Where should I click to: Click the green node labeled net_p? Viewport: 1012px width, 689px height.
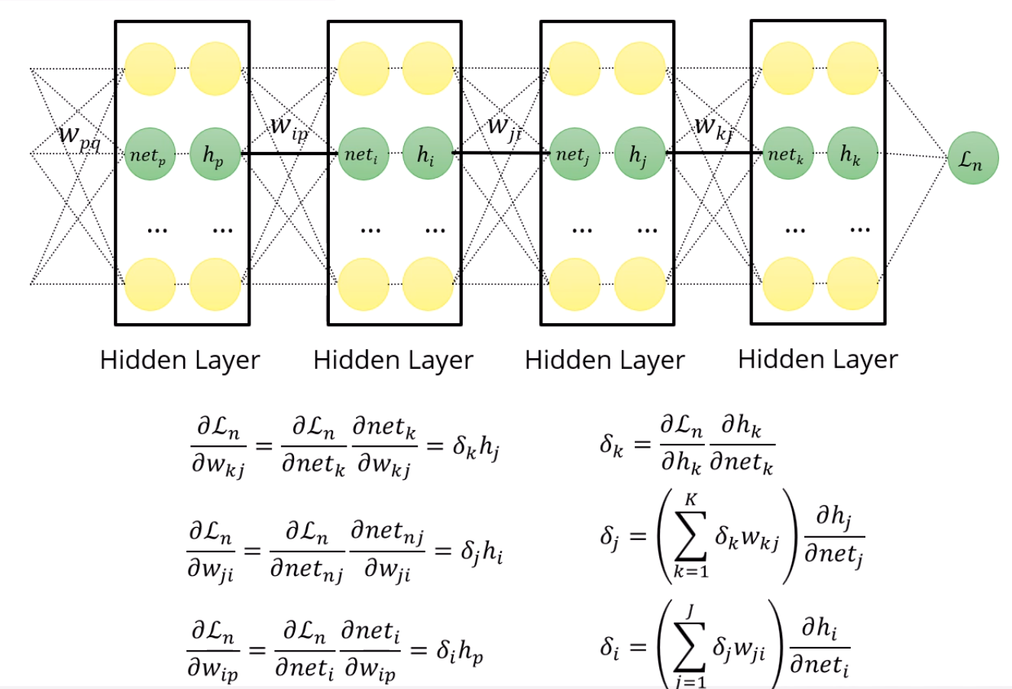click(x=150, y=155)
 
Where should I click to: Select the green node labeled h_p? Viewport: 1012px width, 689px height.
click(x=215, y=155)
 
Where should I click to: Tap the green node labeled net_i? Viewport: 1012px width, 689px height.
click(x=362, y=155)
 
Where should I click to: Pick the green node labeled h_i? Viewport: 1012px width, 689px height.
click(x=427, y=155)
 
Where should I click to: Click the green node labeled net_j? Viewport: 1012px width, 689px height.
click(x=574, y=155)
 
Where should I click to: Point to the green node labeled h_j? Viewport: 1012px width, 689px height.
click(x=639, y=155)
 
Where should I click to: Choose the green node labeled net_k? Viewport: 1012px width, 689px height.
click(x=787, y=155)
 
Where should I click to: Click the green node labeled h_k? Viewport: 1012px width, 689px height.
click(x=852, y=155)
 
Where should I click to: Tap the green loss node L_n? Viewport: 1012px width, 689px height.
click(x=972, y=159)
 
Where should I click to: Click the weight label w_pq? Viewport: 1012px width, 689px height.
click(x=79, y=137)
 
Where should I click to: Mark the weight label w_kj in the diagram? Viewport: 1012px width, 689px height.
click(x=714, y=127)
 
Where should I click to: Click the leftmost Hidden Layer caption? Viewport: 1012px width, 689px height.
click(x=180, y=360)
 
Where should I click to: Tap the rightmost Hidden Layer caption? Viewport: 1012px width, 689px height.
click(x=818, y=359)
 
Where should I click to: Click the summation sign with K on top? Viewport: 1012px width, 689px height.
click(x=691, y=536)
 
